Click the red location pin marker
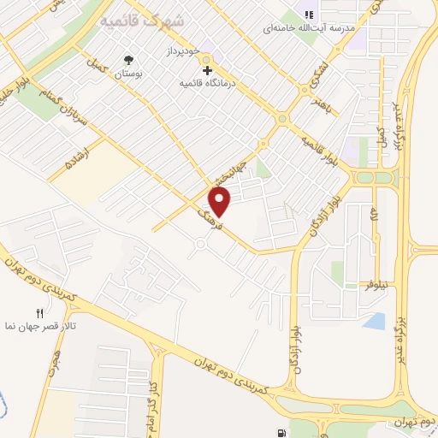pyautogui.click(x=221, y=201)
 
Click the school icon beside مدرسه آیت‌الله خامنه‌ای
pyautogui.click(x=310, y=15)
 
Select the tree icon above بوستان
pyautogui.click(x=128, y=60)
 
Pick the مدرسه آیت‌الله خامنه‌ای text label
pyautogui.click(x=308, y=28)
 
